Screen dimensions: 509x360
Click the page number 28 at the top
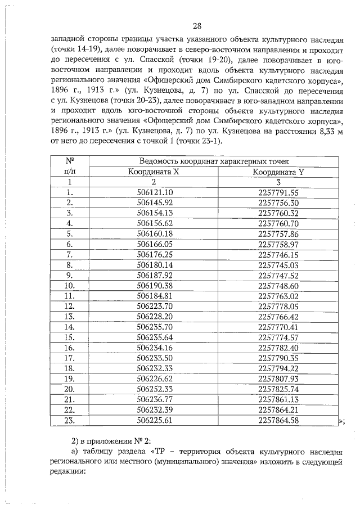[x=196, y=26]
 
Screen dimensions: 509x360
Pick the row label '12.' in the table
[x=70, y=306]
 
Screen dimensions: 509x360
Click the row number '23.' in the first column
[x=70, y=420]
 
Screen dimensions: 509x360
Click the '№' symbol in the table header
[x=70, y=161]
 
